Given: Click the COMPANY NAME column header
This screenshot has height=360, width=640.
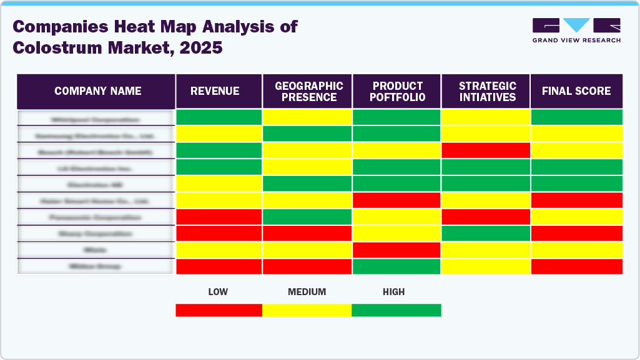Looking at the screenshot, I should coord(97,91).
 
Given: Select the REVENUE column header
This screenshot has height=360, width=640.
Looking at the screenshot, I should coord(215,91).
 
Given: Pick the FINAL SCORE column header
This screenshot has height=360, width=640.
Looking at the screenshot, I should coord(576,91).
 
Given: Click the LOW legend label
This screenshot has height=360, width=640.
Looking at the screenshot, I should coord(218,292).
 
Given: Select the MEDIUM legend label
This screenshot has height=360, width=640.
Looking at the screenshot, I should coord(307,292).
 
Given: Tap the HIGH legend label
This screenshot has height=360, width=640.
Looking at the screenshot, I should coord(394,292).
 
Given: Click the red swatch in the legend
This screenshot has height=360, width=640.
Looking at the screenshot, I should coord(219,310).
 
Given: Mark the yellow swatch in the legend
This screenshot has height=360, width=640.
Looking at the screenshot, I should coord(307,310).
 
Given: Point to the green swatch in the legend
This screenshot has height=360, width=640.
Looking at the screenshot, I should coord(396,310).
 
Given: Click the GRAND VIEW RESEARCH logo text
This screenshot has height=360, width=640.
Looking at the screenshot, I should coord(576,40).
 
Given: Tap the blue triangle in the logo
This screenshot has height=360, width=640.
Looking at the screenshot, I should coord(576,25).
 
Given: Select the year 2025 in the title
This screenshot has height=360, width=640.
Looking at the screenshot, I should coord(201,47).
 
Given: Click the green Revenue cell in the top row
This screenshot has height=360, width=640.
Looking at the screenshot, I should coord(219,117).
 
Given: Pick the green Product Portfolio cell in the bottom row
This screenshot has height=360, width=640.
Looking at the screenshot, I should coord(396,266).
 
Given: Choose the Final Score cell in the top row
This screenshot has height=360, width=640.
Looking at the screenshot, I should coord(576,117).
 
